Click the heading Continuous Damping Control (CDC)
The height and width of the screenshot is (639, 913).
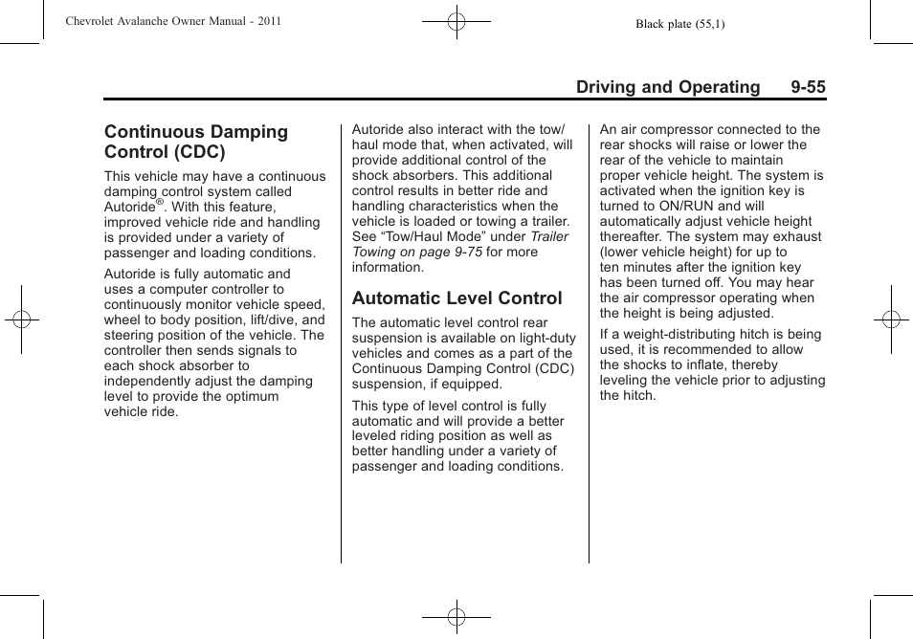[196, 142]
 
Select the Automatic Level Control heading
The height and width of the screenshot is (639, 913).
[456, 298]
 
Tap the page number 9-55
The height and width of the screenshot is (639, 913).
[808, 87]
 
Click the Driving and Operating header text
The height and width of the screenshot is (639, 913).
[667, 87]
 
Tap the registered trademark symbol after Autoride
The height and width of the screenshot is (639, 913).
[160, 203]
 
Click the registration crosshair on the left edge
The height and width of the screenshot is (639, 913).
[21, 319]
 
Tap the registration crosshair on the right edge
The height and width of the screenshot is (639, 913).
[890, 319]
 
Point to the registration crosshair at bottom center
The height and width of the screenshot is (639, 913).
[456, 617]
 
